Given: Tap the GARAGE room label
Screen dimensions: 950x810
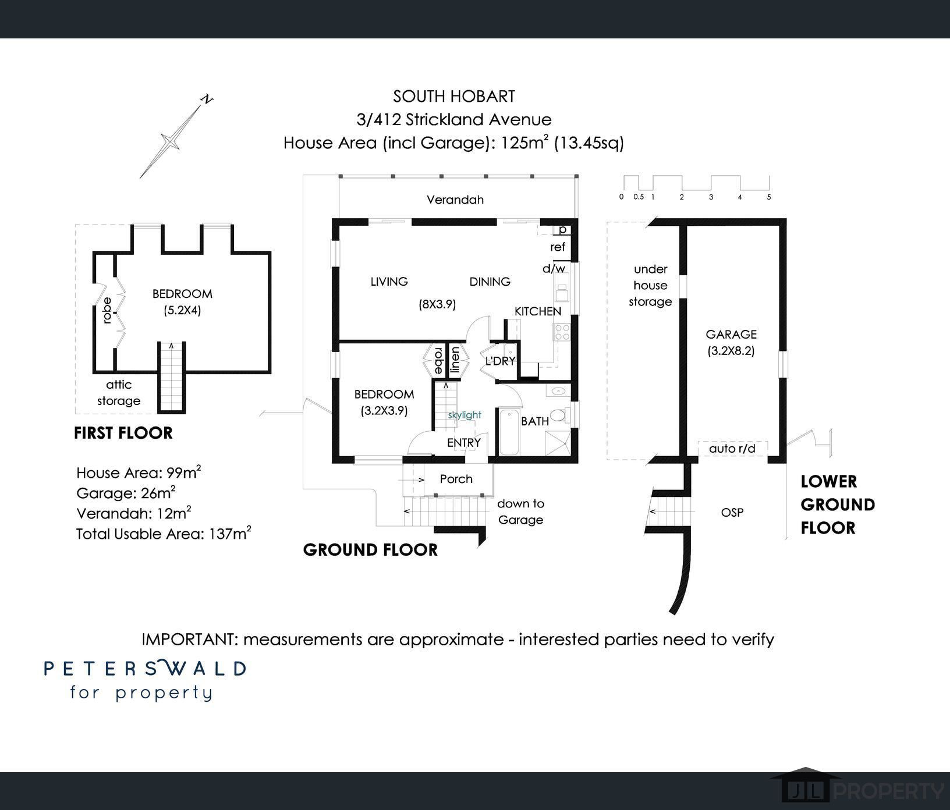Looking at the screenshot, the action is [x=731, y=334].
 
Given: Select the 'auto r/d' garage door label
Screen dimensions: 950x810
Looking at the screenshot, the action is [x=732, y=449].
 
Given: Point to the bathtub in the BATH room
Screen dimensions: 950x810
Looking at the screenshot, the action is [x=509, y=432].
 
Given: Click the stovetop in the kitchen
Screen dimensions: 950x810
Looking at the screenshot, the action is [x=562, y=332].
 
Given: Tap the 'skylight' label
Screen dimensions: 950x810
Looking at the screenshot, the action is [x=465, y=415].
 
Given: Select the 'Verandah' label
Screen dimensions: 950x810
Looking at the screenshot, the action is [x=455, y=200].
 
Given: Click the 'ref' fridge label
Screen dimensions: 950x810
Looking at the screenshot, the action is [x=558, y=247].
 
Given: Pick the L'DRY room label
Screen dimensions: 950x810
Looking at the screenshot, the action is [x=500, y=361].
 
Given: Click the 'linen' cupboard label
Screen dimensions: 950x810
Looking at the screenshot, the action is [x=456, y=360].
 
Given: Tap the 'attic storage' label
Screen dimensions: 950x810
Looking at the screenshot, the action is [x=119, y=393].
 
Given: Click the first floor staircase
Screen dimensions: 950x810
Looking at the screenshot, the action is [x=172, y=376].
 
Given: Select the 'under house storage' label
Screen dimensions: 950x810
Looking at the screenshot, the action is [x=650, y=285].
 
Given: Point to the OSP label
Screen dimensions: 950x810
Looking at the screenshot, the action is [x=732, y=513].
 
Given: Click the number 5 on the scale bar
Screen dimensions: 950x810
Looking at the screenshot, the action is [x=769, y=197].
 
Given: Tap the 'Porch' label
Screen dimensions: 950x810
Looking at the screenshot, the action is [x=456, y=479].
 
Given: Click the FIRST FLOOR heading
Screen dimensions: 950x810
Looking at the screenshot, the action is [x=123, y=433].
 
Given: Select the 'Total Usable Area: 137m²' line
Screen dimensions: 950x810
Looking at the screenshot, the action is [x=164, y=533].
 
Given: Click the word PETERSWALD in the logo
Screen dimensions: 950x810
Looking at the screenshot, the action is [x=146, y=667].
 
